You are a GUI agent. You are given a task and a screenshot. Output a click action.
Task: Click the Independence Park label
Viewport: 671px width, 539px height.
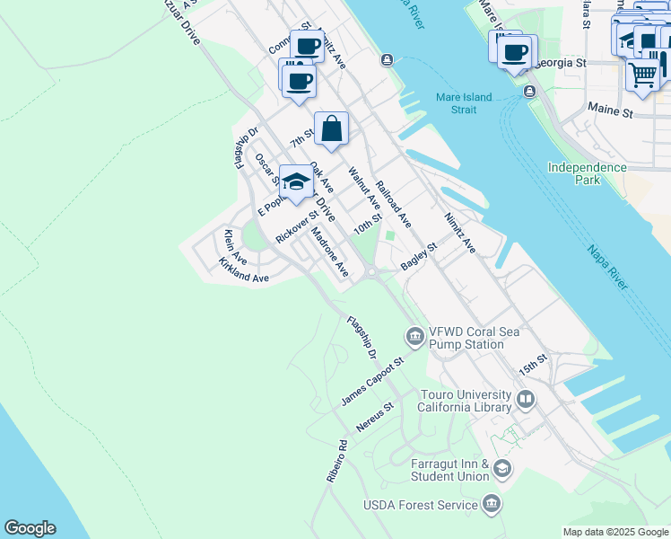[x=588, y=173]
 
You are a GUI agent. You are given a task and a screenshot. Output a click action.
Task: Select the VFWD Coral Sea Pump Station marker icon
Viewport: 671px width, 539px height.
[x=414, y=337]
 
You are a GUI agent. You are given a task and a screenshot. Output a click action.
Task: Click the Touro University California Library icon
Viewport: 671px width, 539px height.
[x=525, y=397]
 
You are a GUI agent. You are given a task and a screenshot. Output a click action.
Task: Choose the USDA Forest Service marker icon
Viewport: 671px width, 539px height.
[x=491, y=504]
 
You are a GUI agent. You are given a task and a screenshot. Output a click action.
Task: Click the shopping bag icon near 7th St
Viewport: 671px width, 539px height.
[x=331, y=128]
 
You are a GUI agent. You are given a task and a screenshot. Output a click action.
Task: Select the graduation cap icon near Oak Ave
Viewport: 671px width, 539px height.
[x=296, y=181]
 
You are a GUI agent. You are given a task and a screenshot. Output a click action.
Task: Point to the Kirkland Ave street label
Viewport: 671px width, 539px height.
[x=243, y=271]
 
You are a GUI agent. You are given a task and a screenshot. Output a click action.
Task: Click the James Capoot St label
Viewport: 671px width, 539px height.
[x=373, y=381]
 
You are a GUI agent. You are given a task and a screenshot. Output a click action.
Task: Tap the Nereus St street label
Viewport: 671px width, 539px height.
[x=375, y=419]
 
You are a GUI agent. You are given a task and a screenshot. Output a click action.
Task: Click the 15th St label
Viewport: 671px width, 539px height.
[x=532, y=366]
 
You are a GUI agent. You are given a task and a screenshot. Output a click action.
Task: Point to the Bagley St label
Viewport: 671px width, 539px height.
[x=418, y=255]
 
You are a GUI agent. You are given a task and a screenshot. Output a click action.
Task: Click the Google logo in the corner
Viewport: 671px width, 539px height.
[x=30, y=528]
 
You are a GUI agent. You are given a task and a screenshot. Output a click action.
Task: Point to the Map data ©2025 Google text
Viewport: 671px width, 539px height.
[x=614, y=532]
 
